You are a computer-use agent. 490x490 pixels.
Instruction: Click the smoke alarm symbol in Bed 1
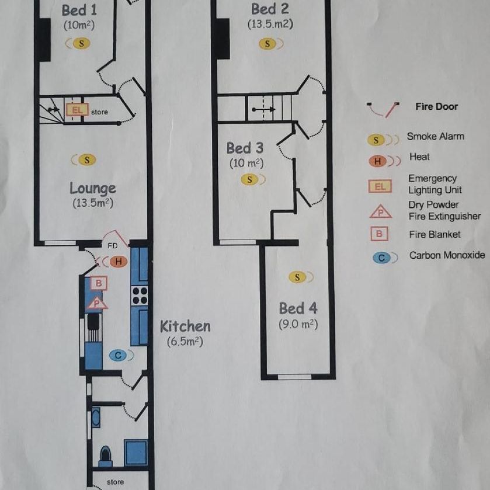82,43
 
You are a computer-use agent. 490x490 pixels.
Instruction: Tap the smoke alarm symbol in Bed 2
268,44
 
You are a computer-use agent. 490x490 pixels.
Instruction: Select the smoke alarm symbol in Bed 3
250,179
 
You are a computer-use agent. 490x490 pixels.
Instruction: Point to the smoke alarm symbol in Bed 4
298,277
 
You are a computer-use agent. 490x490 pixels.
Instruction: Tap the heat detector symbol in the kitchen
117,262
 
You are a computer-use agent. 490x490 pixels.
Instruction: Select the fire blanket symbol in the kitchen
99,283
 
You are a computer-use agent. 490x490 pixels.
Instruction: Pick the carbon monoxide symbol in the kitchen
118,355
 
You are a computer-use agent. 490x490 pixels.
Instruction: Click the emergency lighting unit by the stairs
77,109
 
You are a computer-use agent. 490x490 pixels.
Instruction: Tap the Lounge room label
92,189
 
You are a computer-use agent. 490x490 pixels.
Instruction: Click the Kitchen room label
185,326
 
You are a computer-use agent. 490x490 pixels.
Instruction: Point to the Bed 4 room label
298,308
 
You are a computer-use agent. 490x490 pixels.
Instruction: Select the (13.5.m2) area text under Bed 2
269,25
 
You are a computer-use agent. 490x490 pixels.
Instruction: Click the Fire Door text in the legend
436,107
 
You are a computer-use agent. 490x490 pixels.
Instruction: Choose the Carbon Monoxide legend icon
381,256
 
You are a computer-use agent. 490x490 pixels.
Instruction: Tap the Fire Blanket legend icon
380,234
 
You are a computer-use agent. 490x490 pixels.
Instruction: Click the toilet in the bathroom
106,454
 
